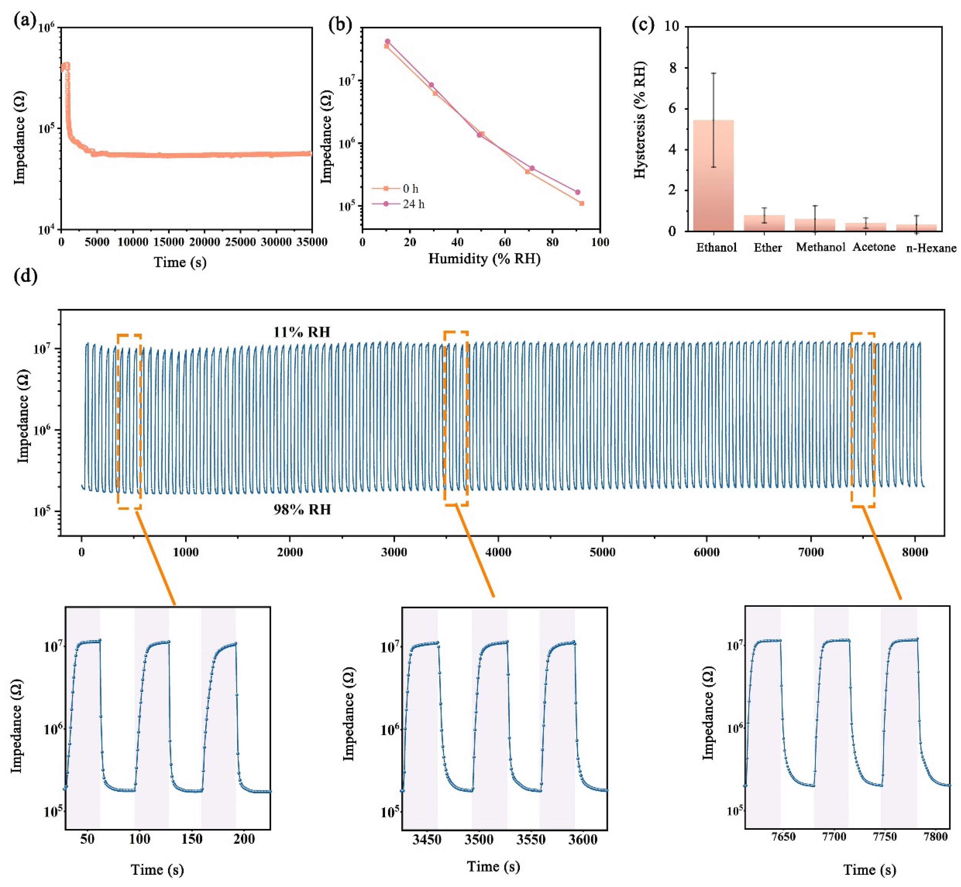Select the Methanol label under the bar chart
click(820, 247)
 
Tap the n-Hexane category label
click(931, 248)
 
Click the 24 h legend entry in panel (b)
click(413, 204)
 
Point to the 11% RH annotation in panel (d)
click(302, 332)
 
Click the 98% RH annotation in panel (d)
click(302, 509)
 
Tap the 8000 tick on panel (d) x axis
click(914, 552)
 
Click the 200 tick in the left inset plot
click(244, 852)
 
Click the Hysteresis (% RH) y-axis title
click(640, 120)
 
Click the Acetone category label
click(874, 247)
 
